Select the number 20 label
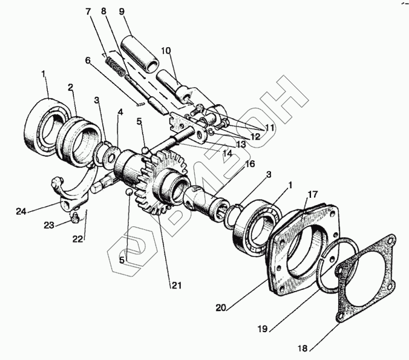222,307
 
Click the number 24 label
21,211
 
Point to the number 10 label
166,50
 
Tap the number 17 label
312,195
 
